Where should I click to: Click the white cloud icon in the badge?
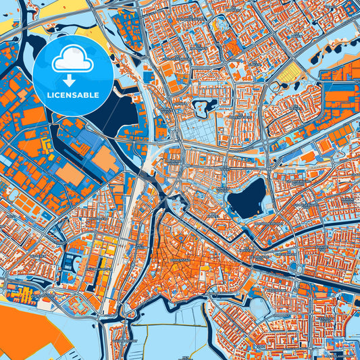pyautogui.click(x=72, y=59)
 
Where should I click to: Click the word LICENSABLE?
pyautogui.click(x=72, y=95)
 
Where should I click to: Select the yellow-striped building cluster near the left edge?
pyautogui.click(x=20, y=294)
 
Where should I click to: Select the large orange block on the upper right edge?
pyautogui.click(x=341, y=95)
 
